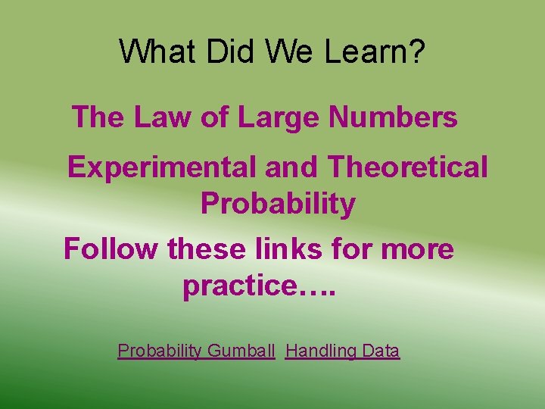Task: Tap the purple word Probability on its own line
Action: [x=278, y=204]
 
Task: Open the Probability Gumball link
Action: [x=196, y=351]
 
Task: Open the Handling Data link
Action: [x=342, y=351]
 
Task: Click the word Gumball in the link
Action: [x=241, y=351]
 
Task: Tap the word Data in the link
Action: [x=381, y=351]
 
